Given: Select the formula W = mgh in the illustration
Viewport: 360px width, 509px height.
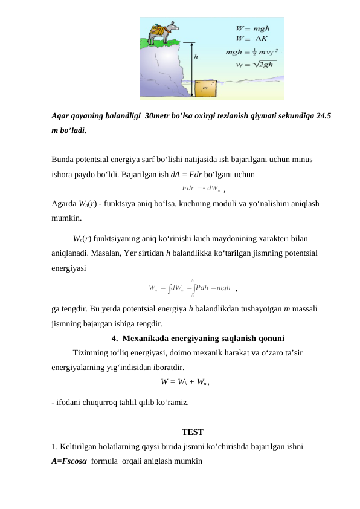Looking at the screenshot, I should click(x=252, y=28).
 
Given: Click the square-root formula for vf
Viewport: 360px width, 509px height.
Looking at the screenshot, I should click(x=256, y=65).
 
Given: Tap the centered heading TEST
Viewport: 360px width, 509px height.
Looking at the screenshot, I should click(x=192, y=432).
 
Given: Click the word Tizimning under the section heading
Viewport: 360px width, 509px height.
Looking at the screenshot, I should click(x=91, y=353).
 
